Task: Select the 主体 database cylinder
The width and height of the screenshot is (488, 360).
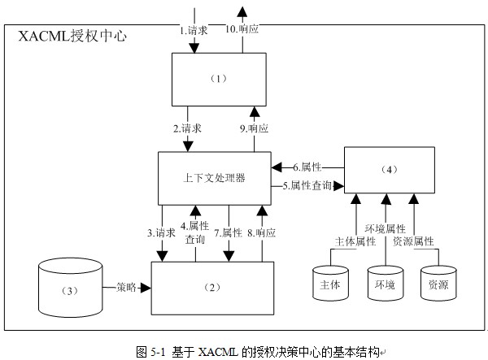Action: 331,284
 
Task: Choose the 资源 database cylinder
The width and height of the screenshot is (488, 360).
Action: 439,284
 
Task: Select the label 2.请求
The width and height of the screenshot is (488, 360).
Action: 188,128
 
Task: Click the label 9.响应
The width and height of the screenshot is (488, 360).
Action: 253,128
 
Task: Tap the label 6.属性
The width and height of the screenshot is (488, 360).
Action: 306,167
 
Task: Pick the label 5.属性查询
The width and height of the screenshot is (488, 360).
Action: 307,186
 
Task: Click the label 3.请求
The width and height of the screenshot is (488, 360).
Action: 161,232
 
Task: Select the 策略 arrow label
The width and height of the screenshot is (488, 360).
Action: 125,287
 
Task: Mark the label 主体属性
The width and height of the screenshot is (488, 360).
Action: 355,241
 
